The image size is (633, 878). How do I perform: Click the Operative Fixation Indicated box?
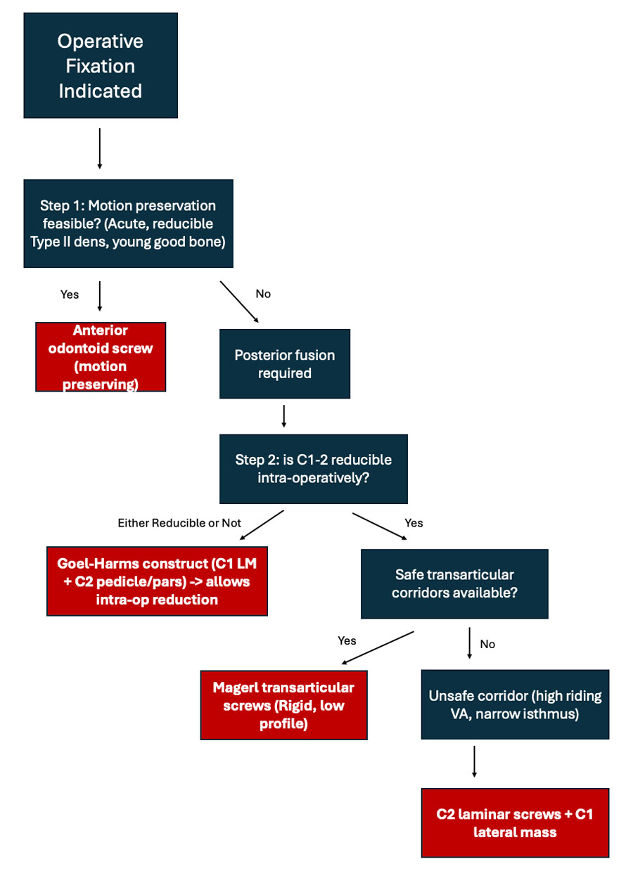point(100,65)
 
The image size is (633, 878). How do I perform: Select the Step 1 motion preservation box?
point(128,224)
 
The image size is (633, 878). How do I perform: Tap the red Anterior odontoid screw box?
point(101,357)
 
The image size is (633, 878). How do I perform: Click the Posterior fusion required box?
point(285,363)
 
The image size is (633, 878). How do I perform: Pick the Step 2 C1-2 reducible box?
point(313,469)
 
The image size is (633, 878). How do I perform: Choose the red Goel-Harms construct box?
point(157,581)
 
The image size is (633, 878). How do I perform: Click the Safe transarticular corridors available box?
point(454,583)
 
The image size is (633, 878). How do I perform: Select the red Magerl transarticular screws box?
point(283,705)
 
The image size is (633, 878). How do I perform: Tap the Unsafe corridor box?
point(515,705)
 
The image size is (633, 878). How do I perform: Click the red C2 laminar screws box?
point(515,823)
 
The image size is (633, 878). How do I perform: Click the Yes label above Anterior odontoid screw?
point(70,294)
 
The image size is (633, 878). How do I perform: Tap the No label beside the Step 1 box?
point(263,294)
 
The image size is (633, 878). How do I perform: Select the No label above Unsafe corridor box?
point(487,644)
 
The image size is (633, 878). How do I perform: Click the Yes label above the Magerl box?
point(347,640)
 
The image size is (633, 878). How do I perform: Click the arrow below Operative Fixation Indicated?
point(100,148)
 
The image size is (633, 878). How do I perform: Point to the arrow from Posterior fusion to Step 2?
point(283,415)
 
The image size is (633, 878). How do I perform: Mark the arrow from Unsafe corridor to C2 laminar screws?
point(474,761)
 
